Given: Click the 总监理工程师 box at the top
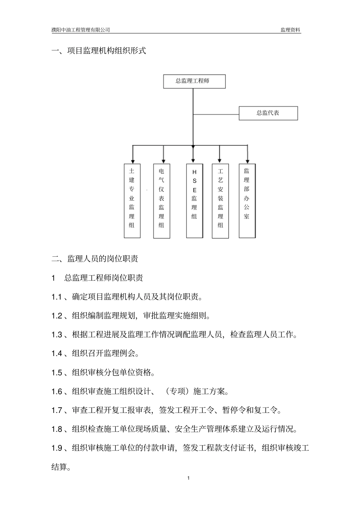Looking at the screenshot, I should tap(194, 81).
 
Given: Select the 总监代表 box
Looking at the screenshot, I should tap(268, 113).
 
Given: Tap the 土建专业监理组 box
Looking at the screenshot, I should tap(132, 201).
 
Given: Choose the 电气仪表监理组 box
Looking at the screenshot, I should tap(161, 201).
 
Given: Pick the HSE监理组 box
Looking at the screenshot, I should tap(194, 201).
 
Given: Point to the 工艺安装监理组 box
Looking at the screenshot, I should tap(220, 201).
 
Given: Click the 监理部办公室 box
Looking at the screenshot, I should tap(247, 201).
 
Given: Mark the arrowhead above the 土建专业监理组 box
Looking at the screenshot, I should tap(133, 160).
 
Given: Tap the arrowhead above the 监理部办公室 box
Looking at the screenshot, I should tap(247, 160).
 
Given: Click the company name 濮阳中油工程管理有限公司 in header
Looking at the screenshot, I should tap(80, 30).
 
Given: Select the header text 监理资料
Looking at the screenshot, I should tap(290, 30).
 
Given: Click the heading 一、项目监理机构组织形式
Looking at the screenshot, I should tap(99, 51).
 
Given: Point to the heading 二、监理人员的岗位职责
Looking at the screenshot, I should tap(95, 259).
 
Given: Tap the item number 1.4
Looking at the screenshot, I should tap(57, 354).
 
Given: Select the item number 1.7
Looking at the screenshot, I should tap(57, 410).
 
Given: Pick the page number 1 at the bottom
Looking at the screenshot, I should tap(188, 478).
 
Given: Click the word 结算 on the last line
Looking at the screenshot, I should tap(59, 467).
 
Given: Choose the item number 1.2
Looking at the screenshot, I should tap(57, 316).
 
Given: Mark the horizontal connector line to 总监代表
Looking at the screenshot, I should tap(216, 113).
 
